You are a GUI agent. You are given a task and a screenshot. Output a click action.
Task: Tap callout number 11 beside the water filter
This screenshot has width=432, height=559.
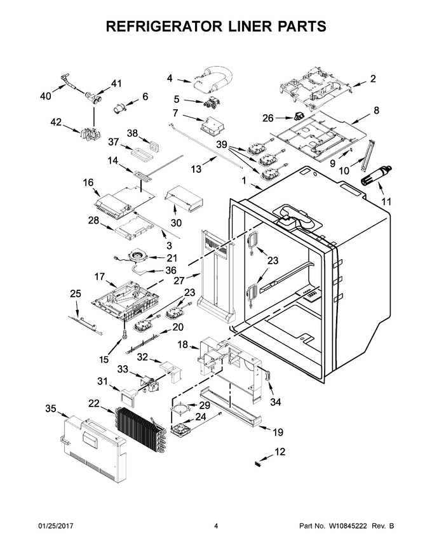click(386, 201)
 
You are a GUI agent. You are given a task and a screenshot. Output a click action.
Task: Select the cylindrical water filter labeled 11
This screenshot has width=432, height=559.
click(376, 175)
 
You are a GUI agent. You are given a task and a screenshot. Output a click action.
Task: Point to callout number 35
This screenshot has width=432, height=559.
click(51, 408)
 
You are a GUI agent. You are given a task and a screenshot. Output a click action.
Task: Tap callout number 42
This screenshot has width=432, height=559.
click(56, 121)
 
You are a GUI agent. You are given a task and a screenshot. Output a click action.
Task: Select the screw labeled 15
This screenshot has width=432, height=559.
click(124, 333)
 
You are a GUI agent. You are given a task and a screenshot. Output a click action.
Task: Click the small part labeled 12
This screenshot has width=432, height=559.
click(257, 464)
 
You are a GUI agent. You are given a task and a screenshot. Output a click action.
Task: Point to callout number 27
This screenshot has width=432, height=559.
click(179, 281)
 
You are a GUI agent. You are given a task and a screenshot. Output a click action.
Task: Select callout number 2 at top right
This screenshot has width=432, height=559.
click(372, 78)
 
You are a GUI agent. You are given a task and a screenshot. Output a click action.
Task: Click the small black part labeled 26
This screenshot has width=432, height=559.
click(297, 115)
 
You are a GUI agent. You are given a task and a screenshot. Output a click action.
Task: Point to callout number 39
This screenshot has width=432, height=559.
click(222, 144)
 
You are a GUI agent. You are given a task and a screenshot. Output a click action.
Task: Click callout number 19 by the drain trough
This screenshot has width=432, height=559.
click(278, 432)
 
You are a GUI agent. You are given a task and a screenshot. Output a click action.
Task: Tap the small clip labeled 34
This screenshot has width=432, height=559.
click(267, 375)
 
